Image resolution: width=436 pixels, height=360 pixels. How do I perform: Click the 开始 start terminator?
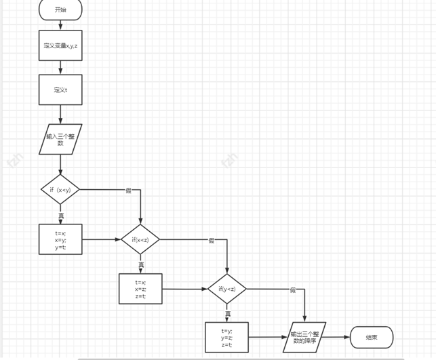point(60,10)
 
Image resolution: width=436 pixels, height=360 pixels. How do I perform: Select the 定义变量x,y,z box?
point(60,45)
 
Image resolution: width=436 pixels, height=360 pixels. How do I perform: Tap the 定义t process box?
point(60,89)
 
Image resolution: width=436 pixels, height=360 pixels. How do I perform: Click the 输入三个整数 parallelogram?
point(60,139)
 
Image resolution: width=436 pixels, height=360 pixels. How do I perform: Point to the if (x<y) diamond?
point(60,190)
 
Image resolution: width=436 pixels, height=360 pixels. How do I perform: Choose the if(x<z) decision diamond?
point(140,239)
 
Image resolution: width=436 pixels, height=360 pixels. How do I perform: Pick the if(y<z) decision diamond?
point(227,289)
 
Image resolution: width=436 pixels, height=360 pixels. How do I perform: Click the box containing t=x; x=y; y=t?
point(60,239)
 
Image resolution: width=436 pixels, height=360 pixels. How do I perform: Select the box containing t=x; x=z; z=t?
point(140,289)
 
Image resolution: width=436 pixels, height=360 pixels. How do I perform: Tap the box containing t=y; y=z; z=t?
point(226,338)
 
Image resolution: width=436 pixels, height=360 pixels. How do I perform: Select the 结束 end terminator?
point(372,338)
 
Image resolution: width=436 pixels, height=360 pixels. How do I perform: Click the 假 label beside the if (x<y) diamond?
point(128,191)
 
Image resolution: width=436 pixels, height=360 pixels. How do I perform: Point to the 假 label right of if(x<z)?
point(211,240)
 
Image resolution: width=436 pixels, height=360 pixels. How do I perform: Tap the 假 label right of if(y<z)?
point(293,290)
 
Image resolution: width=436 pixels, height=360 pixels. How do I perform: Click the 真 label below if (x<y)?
point(61,215)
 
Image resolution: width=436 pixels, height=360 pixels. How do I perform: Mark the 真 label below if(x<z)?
point(141,264)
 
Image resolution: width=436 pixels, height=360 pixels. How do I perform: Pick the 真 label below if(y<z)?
point(228,314)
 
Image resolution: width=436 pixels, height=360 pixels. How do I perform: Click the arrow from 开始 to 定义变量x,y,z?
point(60,25)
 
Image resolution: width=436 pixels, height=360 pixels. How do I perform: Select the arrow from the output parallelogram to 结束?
point(338,338)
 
